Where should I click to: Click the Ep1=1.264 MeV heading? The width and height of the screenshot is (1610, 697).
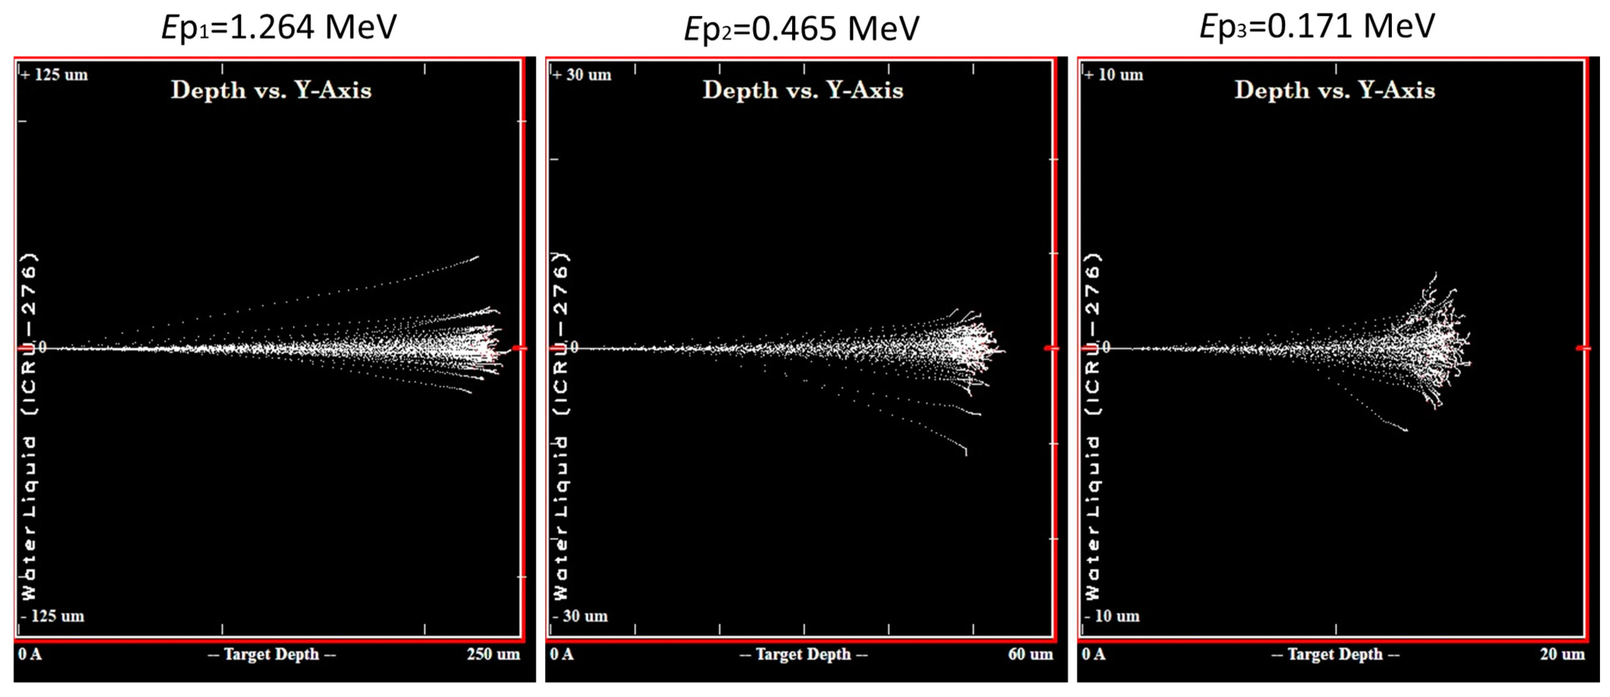pos(279,27)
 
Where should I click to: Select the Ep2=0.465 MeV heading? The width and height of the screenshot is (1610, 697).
pos(801,29)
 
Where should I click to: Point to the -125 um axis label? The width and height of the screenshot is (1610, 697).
pos(53,617)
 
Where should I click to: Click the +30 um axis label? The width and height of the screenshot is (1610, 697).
pos(582,75)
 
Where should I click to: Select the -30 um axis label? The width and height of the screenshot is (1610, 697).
pos(581,617)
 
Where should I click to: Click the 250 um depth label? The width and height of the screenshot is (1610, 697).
pos(493,654)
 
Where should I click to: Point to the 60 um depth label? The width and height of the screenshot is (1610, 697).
pos(1030,654)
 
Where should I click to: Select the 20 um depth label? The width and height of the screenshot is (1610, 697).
pos(1562,654)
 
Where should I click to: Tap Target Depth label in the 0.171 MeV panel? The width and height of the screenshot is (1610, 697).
pos(1335,654)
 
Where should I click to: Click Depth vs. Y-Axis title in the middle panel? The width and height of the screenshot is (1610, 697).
pos(803,90)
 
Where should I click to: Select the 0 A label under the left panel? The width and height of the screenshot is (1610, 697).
pos(29,654)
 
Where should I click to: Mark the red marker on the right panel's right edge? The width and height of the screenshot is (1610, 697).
pos(1583,348)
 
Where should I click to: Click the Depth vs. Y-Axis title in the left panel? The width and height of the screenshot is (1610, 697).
pos(271,90)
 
